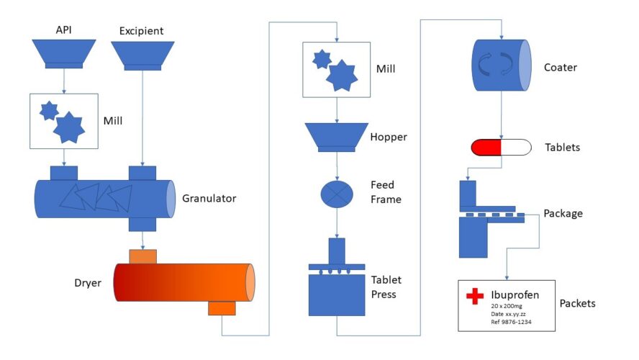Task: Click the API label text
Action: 63,30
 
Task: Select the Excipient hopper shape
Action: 142,55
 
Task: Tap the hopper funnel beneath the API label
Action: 63,53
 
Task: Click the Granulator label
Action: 209,198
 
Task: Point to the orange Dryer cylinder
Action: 180,282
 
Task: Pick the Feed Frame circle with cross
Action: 337,194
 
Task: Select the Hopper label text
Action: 388,137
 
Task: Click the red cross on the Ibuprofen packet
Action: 475,297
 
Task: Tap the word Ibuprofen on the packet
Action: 515,294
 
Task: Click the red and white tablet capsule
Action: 501,148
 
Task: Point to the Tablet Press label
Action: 386,287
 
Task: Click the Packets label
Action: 577,303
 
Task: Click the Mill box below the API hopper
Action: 63,121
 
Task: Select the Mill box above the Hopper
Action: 337,69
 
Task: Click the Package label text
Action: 563,214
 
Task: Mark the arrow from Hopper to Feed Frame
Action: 337,166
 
